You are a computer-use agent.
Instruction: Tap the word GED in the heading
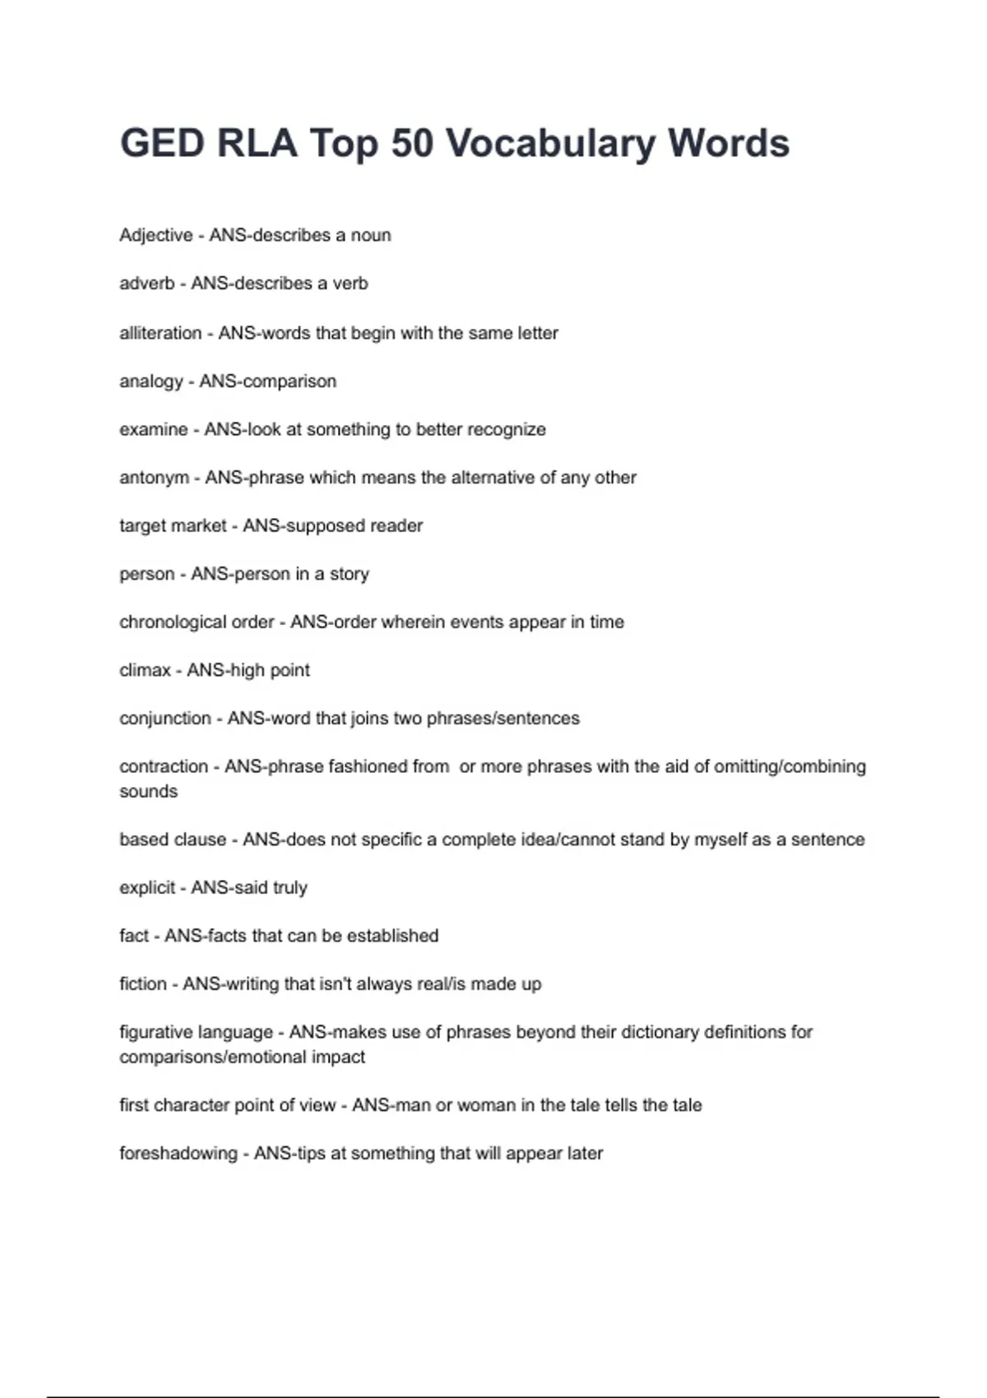pos(162,144)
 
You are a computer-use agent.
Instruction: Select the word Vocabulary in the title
pos(550,144)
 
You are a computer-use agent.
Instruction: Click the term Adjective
pos(155,235)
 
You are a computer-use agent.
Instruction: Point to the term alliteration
pos(160,333)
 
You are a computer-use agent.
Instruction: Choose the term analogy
pos(151,382)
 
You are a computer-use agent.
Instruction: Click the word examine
pos(153,429)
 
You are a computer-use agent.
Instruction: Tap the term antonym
pos(154,478)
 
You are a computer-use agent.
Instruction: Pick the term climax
pos(145,670)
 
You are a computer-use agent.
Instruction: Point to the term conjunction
pos(165,718)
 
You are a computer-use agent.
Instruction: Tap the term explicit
pos(147,888)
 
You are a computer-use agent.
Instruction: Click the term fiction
pos(142,984)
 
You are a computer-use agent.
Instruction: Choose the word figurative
pos(155,1032)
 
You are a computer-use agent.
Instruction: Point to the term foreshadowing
pos(178,1154)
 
